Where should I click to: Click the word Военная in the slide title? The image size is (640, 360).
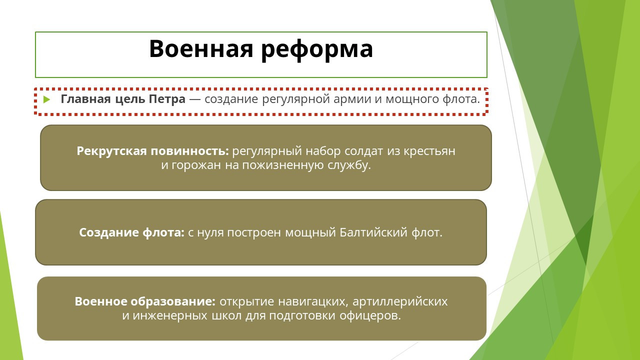point(201,48)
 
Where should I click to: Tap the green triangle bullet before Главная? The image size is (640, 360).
point(46,99)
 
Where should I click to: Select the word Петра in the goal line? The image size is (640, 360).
point(167,99)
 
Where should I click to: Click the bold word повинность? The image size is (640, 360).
point(189,151)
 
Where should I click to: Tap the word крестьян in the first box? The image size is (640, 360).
point(429,151)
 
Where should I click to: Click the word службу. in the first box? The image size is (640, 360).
point(349,165)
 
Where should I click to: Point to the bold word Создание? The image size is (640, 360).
point(109,232)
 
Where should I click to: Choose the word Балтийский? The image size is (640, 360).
point(373,232)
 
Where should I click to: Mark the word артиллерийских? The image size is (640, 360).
point(400,301)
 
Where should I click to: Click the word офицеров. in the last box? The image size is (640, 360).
point(370,316)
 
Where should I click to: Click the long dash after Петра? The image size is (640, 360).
point(195,99)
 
